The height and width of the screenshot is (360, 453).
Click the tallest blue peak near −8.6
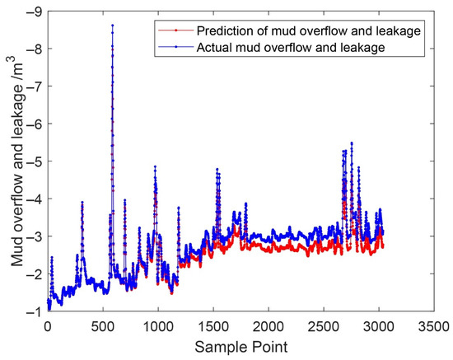coord(112,26)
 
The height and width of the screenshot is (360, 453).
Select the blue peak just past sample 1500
coord(217,169)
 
